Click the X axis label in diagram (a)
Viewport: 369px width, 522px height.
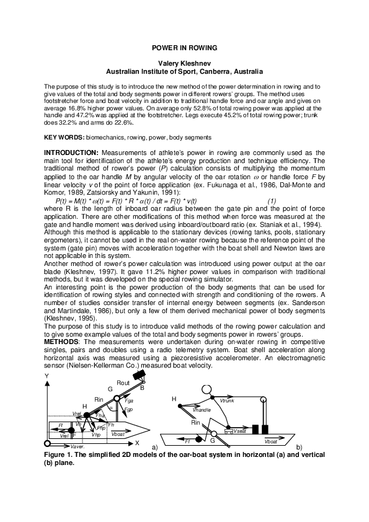[137, 444]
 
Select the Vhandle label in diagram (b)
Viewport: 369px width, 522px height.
[202, 410]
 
